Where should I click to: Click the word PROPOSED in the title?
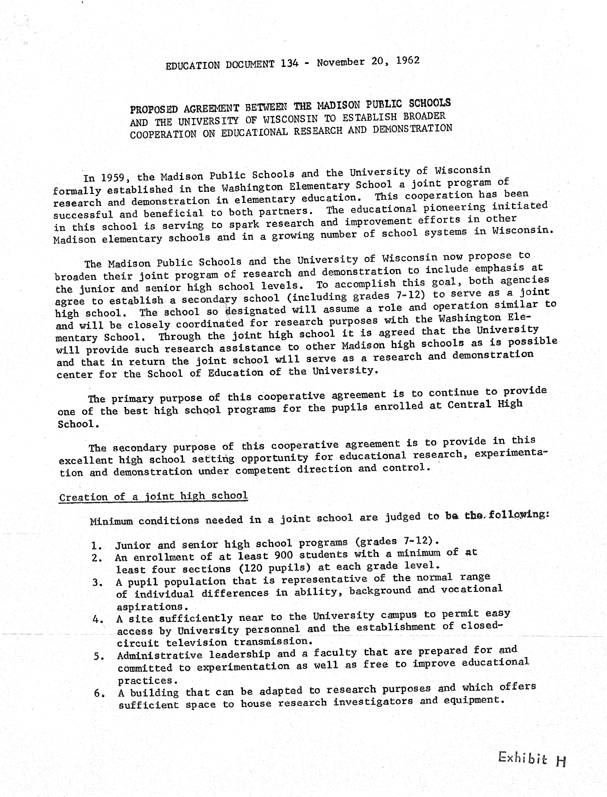[x=154, y=109]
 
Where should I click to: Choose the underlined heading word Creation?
[x=83, y=497]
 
